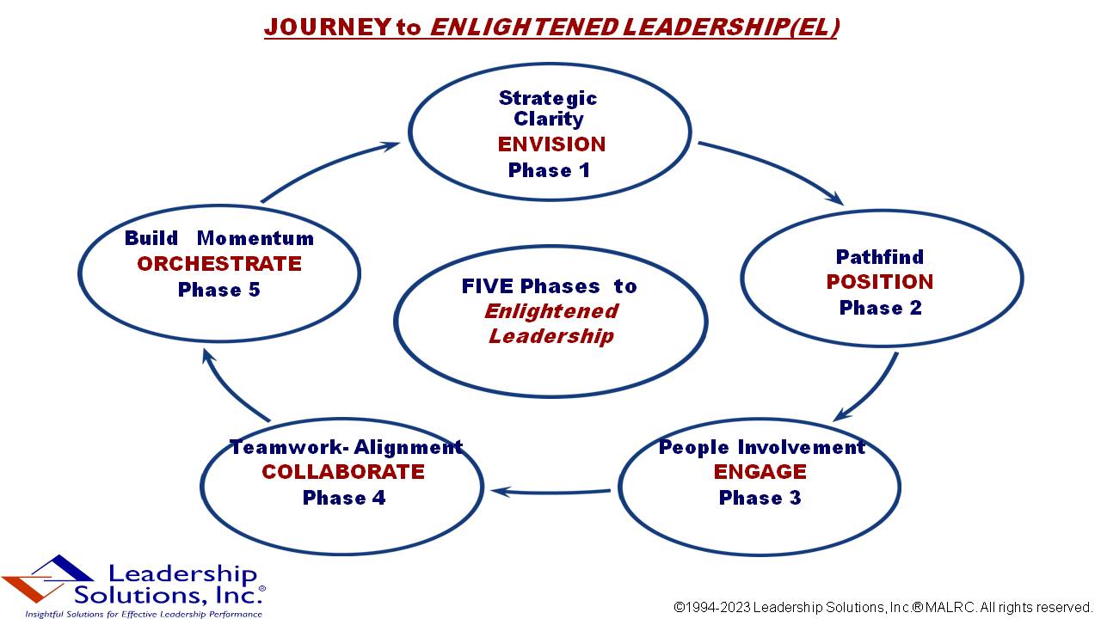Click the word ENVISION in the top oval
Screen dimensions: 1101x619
(x=551, y=144)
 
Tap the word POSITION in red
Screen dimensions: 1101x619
(x=879, y=282)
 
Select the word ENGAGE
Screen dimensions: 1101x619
(x=760, y=472)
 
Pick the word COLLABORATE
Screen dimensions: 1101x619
(x=343, y=472)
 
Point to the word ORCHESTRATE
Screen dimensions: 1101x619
(x=219, y=264)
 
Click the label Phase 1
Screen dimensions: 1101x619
(x=549, y=170)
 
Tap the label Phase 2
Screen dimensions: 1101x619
(x=880, y=308)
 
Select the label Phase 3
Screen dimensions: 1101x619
(x=760, y=498)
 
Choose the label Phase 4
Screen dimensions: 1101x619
(x=344, y=498)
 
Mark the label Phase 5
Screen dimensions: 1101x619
(x=218, y=290)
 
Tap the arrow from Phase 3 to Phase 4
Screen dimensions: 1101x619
(x=550, y=492)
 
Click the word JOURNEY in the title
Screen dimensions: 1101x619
(x=328, y=27)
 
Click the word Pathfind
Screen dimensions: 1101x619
(x=880, y=257)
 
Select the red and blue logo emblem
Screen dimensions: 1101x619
(x=47, y=579)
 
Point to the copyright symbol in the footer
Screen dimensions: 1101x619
(x=679, y=608)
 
